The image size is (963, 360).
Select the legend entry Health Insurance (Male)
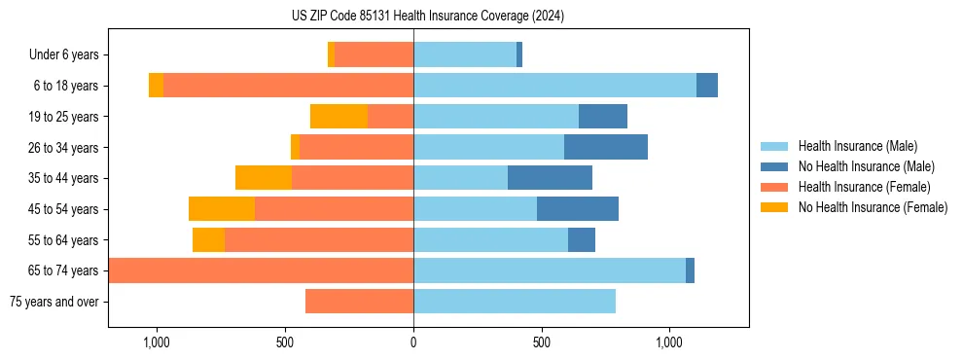(x=857, y=146)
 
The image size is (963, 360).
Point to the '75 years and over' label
(x=53, y=302)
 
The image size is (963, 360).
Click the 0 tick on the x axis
(x=413, y=342)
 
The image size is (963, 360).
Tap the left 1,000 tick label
(x=157, y=342)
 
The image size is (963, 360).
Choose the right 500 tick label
(x=542, y=342)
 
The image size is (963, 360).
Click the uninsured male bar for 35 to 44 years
(x=550, y=178)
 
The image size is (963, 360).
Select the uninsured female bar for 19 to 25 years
(x=339, y=117)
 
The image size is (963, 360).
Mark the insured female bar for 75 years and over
(x=359, y=302)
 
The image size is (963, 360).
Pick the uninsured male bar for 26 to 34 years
(x=606, y=147)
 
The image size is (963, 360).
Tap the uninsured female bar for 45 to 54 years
(x=222, y=209)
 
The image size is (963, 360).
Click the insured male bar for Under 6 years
(x=465, y=55)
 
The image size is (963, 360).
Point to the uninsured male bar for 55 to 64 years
(x=582, y=239)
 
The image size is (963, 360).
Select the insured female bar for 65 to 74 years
(x=261, y=270)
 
